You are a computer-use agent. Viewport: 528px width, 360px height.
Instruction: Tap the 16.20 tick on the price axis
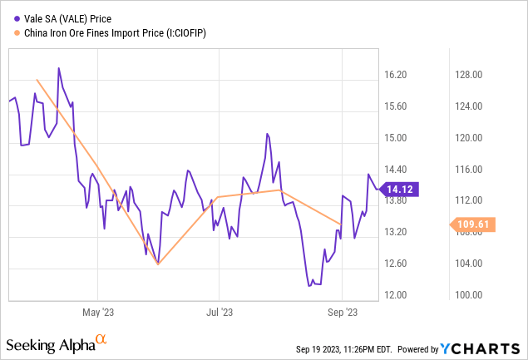(x=396, y=75)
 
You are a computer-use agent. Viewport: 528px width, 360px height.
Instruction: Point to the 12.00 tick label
(x=396, y=295)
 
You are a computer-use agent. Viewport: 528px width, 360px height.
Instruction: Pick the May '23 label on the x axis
(x=98, y=313)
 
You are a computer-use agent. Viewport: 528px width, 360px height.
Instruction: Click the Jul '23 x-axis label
(x=219, y=313)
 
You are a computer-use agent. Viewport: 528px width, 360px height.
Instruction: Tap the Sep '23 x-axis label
(x=343, y=313)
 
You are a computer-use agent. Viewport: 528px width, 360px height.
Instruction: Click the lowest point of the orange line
(x=158, y=264)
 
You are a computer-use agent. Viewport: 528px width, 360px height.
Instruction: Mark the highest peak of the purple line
(x=58, y=68)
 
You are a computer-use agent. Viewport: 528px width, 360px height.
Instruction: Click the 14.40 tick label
(x=396, y=169)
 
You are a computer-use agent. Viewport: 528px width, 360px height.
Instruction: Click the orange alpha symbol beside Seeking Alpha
(x=101, y=340)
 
